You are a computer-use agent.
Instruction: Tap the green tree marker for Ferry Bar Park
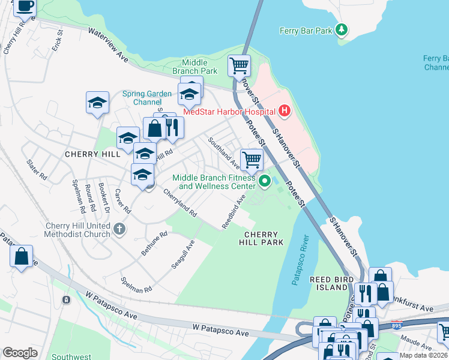click(x=342, y=29)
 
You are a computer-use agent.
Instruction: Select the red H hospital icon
click(x=284, y=111)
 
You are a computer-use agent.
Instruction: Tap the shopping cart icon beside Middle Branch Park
click(x=239, y=65)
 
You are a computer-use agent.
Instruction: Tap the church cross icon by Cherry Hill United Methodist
click(x=119, y=229)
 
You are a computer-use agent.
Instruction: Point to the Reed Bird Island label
click(x=329, y=283)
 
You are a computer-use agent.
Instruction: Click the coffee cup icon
click(x=24, y=6)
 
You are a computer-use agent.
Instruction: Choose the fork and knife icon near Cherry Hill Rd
click(x=172, y=127)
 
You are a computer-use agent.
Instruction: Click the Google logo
click(x=20, y=352)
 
